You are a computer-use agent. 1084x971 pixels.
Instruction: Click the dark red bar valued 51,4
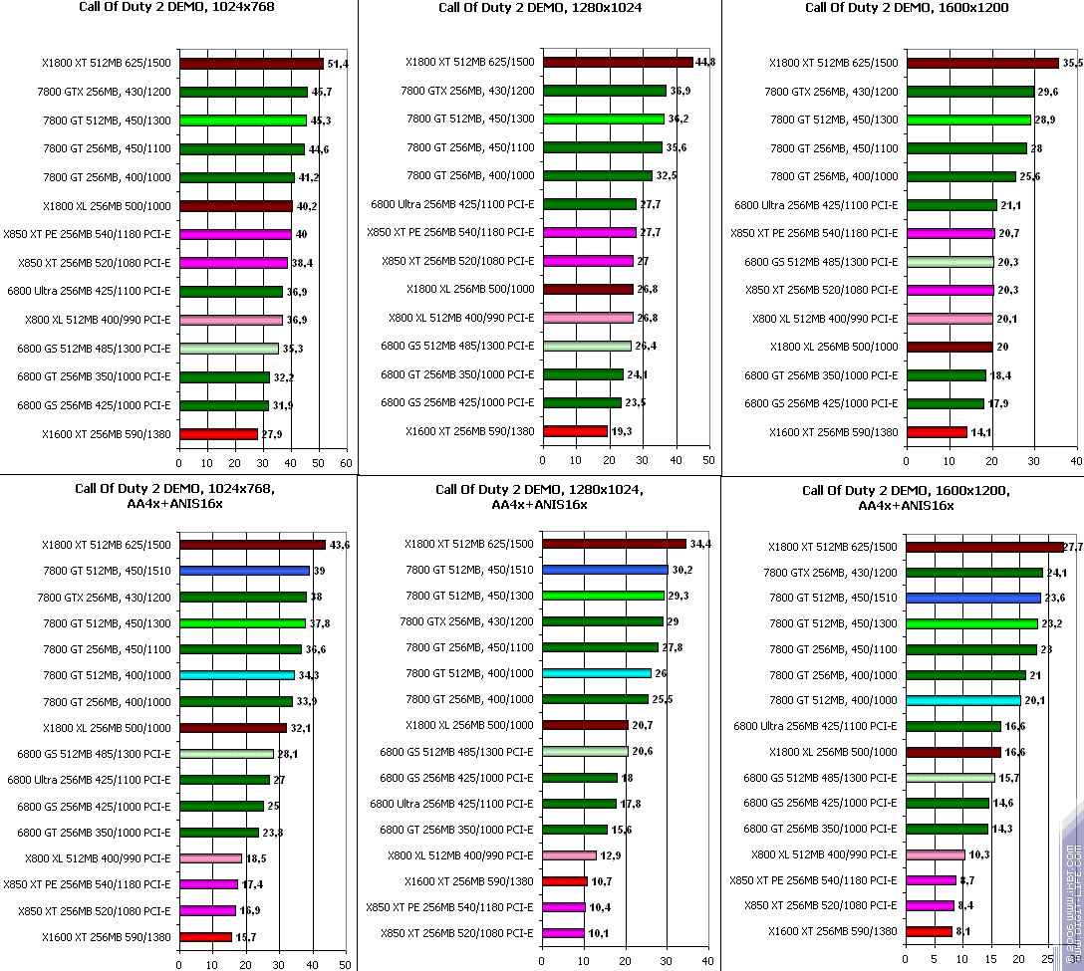[x=251, y=64]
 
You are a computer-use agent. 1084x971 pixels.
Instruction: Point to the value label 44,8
[x=705, y=62]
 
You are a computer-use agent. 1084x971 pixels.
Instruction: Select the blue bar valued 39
[x=244, y=571]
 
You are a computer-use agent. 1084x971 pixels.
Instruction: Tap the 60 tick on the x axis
[x=346, y=463]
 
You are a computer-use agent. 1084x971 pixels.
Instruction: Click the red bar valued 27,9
[x=218, y=434]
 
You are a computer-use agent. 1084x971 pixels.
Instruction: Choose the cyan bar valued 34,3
[x=237, y=675]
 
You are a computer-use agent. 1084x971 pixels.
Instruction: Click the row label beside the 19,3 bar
[x=469, y=431]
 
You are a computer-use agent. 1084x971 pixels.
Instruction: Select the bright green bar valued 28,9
[x=968, y=120]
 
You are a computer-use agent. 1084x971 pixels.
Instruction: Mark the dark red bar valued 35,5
[x=982, y=63]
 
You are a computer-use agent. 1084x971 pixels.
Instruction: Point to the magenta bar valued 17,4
[x=208, y=883]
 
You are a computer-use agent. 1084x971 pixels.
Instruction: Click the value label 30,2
[x=682, y=570]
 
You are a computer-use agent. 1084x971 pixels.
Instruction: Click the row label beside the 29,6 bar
[x=831, y=92]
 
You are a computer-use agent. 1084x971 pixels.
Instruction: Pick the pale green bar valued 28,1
[x=226, y=754]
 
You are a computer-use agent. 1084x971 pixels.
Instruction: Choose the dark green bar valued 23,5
[x=581, y=403]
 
